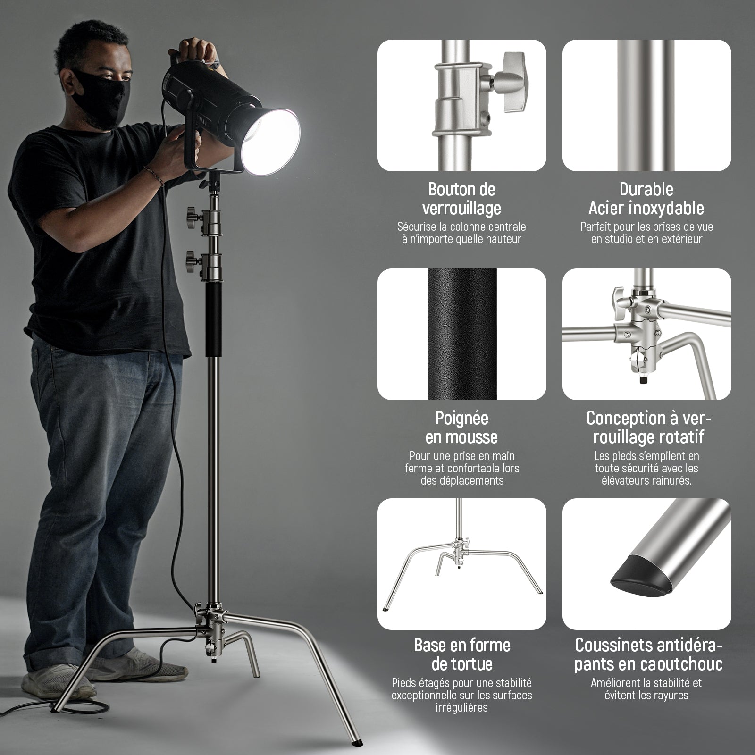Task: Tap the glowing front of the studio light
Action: pos(271,144)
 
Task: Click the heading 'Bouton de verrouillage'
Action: pos(461,199)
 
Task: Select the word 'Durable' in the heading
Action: pos(646,189)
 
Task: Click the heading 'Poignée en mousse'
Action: pos(461,428)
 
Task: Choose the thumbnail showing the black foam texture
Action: pos(462,335)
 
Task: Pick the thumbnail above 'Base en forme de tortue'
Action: pos(462,564)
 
